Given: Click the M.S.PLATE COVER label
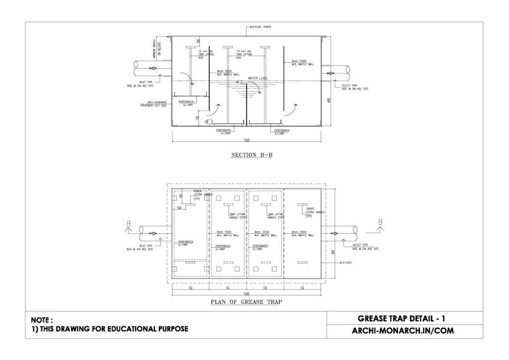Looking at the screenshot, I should (260, 27).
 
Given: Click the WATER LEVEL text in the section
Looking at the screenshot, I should (258, 78).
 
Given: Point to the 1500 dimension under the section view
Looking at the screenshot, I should (247, 140).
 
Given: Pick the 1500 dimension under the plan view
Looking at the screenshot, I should (247, 294).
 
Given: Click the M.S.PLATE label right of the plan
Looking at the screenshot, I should (346, 262).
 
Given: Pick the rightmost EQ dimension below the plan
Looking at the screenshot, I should (302, 287).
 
